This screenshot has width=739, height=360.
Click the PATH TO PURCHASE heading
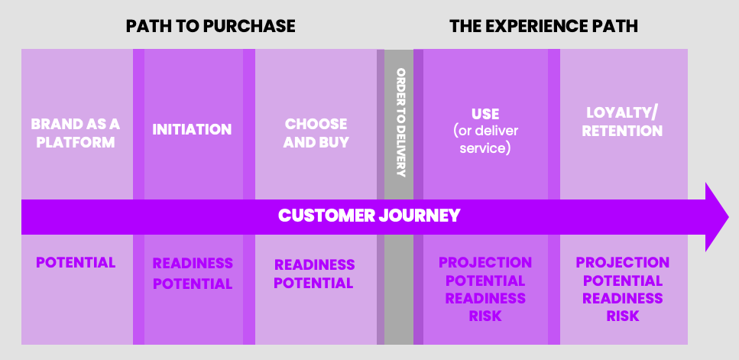pos(210,26)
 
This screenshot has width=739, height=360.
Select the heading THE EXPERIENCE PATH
pos(543,26)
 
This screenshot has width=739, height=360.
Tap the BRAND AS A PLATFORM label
pos(75,132)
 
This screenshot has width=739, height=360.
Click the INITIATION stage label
pos(192,129)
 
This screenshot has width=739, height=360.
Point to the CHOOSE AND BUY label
pos(316,132)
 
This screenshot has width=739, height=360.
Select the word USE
pos(485,115)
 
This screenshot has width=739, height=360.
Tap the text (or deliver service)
pos(485,139)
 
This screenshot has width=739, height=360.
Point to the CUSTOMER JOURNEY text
pos(369,215)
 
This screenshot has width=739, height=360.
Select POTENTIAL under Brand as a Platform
pos(76,262)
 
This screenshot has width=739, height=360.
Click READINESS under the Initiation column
pos(193,264)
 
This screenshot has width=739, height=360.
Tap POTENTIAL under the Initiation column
pos(193,284)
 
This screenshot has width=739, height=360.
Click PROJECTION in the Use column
pos(485,262)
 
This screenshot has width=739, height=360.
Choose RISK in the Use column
pos(485,315)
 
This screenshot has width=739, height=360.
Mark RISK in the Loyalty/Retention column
pos(622,315)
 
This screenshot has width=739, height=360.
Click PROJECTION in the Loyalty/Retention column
pos(622,262)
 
